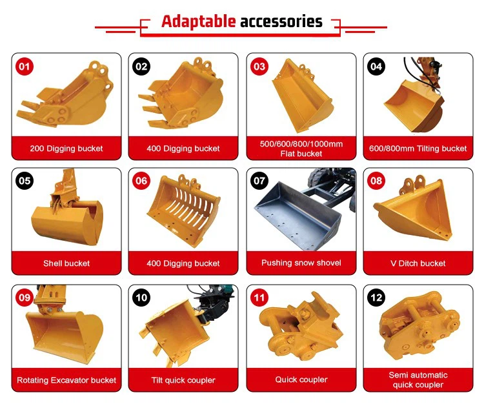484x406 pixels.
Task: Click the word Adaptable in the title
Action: coord(199,21)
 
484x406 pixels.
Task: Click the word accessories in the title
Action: coord(281,21)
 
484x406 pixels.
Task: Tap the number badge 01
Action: coord(25,66)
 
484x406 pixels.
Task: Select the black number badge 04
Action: coord(376,66)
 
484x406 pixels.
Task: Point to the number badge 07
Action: coord(259,181)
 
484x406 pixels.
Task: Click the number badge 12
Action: coord(376,298)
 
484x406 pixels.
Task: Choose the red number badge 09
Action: coord(25,298)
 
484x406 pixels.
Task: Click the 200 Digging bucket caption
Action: coord(66,148)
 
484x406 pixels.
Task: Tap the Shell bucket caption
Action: coord(66,263)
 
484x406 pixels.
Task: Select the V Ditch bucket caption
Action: coord(418,263)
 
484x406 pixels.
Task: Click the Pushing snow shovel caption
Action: coord(301,263)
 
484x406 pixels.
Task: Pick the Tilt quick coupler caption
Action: coord(183,380)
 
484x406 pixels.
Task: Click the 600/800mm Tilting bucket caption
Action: coord(418,148)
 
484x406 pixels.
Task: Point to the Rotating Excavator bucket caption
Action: coord(66,380)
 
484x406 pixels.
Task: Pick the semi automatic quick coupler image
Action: coord(420,327)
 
